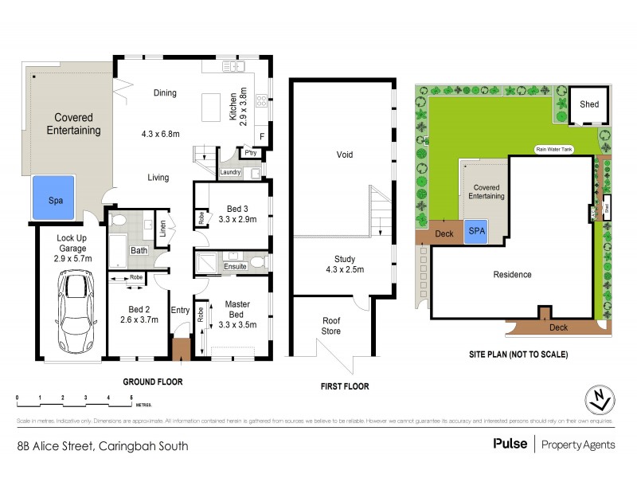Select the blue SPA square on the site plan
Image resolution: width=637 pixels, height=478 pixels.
(x=476, y=231)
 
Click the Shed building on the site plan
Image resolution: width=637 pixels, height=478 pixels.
(x=589, y=104)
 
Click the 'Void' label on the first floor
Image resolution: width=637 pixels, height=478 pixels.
(x=344, y=155)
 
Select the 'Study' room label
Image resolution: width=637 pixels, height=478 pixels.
(x=344, y=260)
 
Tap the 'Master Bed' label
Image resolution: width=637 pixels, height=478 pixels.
(x=237, y=308)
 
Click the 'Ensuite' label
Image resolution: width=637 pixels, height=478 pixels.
(x=234, y=266)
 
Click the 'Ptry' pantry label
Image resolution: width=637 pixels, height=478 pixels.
(x=249, y=151)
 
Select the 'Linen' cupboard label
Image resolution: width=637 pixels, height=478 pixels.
(x=162, y=227)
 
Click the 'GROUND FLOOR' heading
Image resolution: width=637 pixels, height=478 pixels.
(x=154, y=382)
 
